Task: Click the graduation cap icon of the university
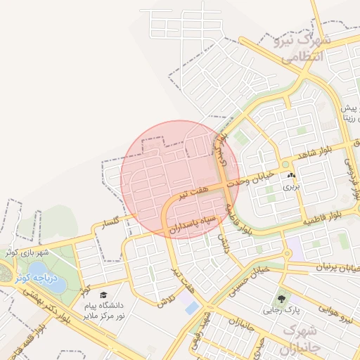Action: click(x=103, y=296)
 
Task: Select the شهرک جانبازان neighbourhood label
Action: click(x=302, y=340)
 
